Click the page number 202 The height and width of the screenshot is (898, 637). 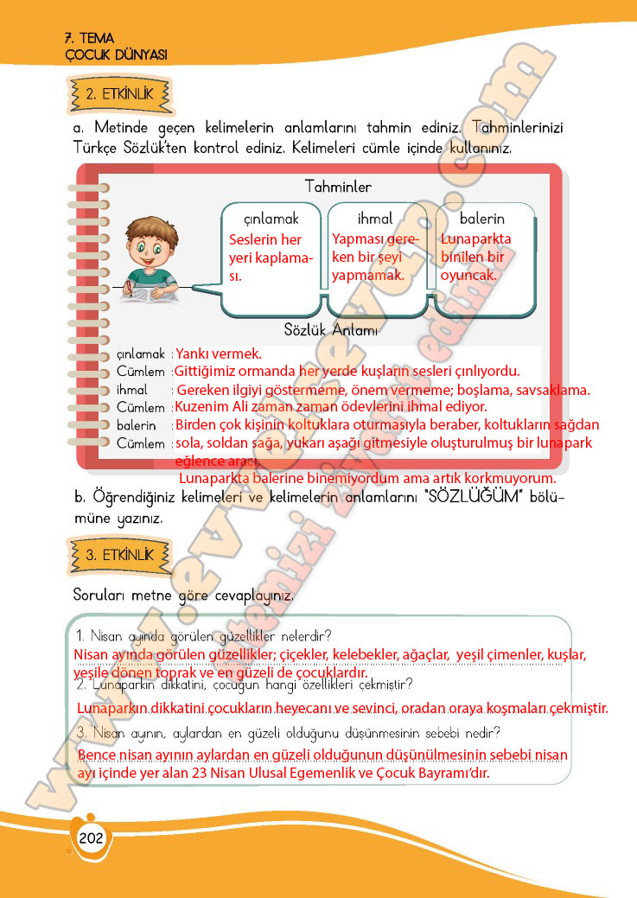tap(90, 838)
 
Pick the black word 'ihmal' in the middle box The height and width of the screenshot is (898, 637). tap(375, 219)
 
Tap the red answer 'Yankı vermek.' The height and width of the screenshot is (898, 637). tap(219, 353)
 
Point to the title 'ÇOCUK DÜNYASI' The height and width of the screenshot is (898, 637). tap(116, 54)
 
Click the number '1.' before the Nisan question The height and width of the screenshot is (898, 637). tap(82, 636)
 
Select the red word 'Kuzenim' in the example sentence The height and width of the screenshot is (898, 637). tap(201, 406)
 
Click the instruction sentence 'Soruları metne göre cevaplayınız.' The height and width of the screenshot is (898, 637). tap(184, 596)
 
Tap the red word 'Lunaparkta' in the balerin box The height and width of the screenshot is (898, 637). tap(475, 239)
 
